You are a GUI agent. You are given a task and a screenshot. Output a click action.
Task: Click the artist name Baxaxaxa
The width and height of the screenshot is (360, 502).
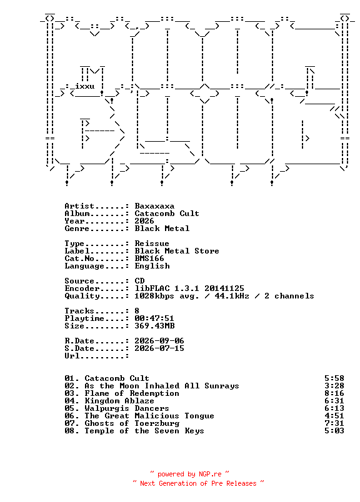[154, 206]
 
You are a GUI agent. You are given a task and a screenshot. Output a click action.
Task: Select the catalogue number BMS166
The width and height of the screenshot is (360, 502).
[149, 258]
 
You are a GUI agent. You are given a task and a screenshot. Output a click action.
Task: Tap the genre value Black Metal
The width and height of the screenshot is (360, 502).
[162, 229]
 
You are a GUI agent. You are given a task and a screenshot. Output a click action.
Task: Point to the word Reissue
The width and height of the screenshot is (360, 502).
[152, 244]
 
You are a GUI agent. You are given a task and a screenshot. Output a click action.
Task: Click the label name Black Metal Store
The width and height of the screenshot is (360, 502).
[177, 250]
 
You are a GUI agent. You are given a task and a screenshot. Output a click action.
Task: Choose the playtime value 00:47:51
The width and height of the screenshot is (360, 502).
[154, 318]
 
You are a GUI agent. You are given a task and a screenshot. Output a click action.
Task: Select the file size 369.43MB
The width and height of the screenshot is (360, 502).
[154, 326]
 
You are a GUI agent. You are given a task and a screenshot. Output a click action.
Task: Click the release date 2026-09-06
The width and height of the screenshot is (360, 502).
[159, 341]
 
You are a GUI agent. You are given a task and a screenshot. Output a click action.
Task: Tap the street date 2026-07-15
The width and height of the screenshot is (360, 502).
[159, 348]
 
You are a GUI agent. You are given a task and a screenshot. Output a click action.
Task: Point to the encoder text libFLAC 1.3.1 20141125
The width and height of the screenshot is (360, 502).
[189, 288]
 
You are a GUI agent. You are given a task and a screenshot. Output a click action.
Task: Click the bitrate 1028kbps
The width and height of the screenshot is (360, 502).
[154, 296]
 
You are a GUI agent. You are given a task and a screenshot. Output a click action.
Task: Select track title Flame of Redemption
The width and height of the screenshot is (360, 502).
[132, 393]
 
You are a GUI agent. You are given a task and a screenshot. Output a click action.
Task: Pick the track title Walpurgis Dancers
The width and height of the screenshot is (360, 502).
[127, 408]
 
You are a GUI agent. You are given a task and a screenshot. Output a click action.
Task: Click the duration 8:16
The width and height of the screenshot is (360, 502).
[334, 393]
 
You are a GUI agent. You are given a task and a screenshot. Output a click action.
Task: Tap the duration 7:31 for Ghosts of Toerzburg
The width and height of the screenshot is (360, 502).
[334, 423]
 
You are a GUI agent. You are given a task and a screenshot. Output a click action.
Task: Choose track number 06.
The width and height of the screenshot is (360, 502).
[71, 416]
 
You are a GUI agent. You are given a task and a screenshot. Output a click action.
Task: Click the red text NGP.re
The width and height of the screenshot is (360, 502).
[210, 474]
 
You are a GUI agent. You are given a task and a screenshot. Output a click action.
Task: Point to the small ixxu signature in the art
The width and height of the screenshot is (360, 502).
[84, 86]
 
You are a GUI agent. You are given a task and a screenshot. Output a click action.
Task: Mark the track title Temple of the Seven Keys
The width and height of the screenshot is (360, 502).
[144, 431]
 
